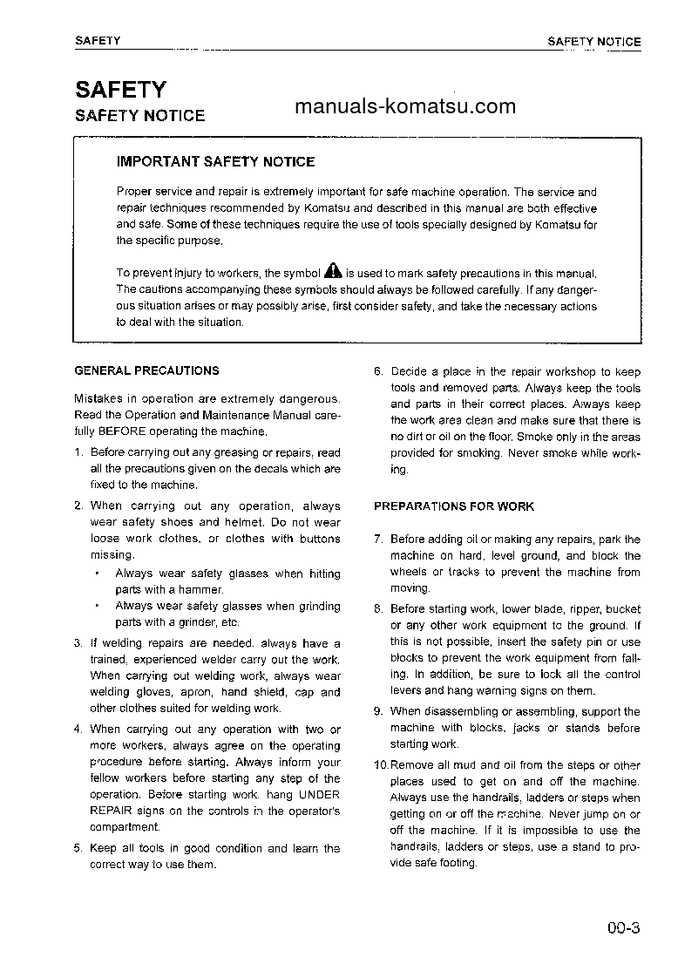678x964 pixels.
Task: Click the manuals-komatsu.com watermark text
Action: tap(405, 107)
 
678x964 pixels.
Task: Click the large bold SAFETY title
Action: tap(120, 90)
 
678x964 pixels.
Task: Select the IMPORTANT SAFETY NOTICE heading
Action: tap(215, 161)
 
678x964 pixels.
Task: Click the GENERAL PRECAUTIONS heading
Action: tap(146, 370)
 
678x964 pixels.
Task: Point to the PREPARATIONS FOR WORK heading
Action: tap(453, 506)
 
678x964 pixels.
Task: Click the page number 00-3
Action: tap(624, 927)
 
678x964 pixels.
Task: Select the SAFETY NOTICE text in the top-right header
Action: tap(593, 41)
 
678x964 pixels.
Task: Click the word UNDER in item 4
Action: tap(319, 795)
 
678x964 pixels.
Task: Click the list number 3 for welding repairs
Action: tap(78, 644)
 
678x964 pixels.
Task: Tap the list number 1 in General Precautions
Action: tap(78, 453)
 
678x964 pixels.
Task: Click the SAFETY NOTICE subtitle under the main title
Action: tap(139, 116)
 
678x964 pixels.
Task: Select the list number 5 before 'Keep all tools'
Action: tap(78, 849)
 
